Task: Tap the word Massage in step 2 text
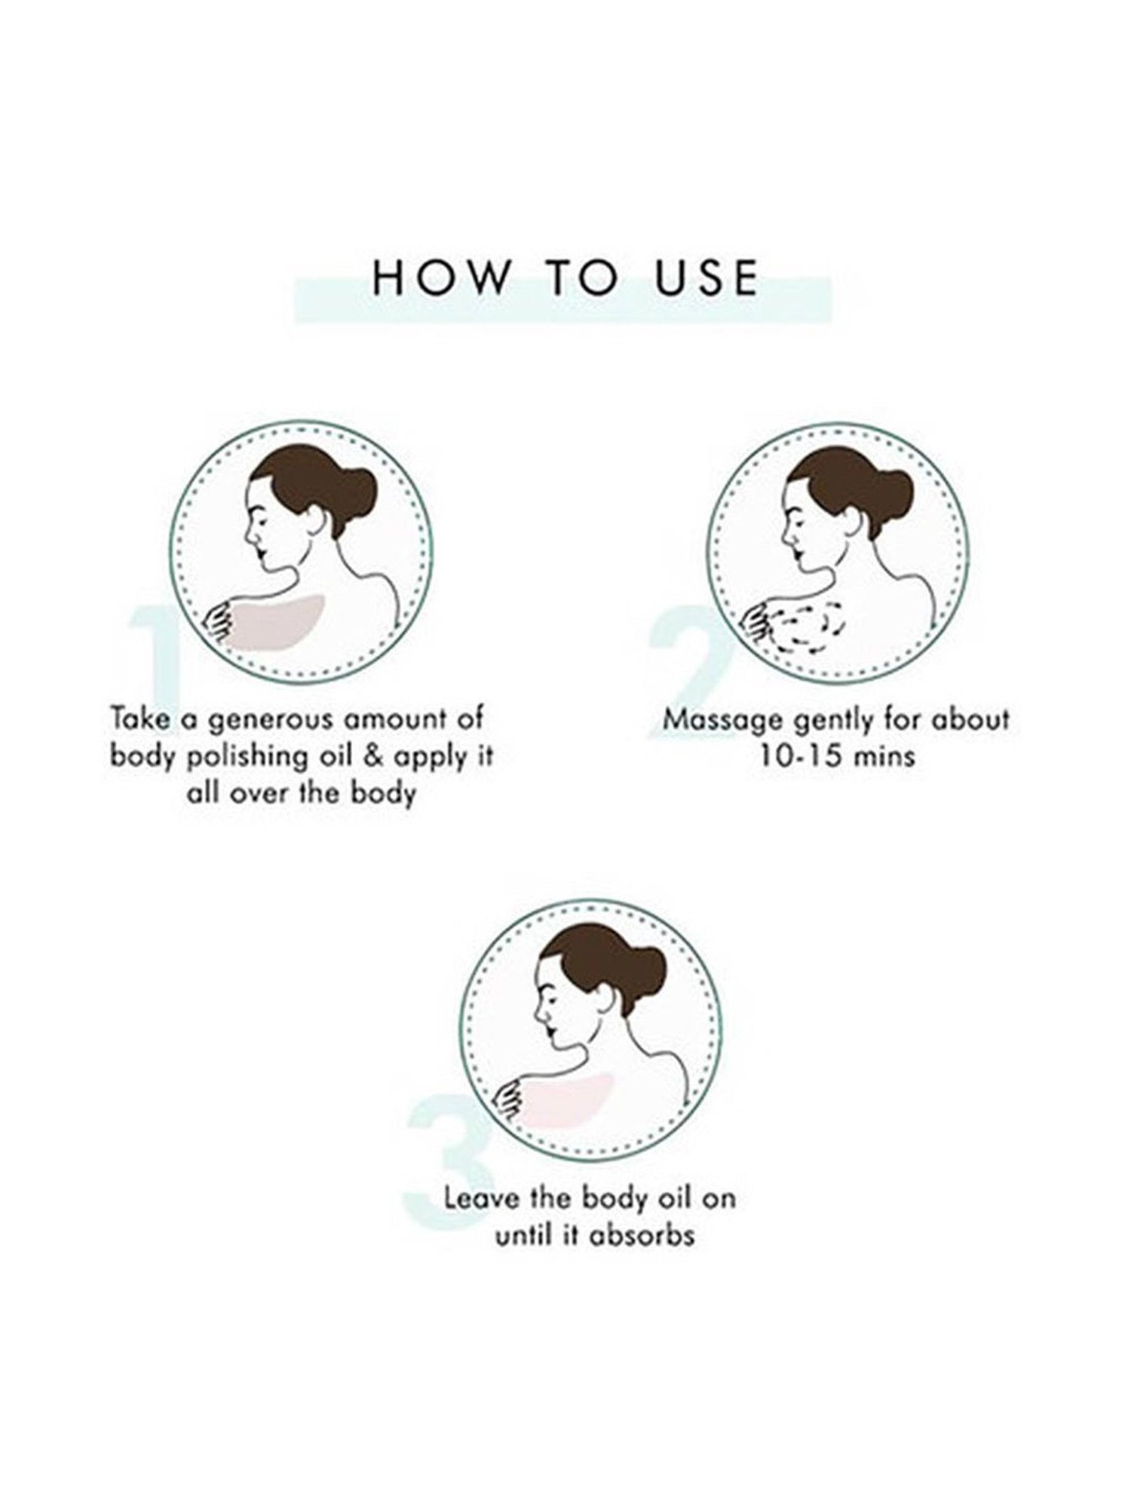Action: tap(723, 721)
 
